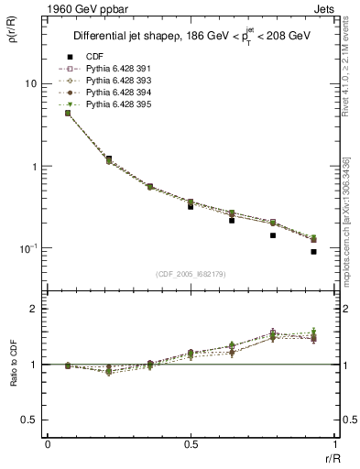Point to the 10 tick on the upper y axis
[30, 83]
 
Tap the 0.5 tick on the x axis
[191, 444]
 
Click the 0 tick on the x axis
[47, 444]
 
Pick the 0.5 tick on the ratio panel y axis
[32, 420]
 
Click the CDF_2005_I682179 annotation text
[191, 273]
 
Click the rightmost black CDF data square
[313, 252]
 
